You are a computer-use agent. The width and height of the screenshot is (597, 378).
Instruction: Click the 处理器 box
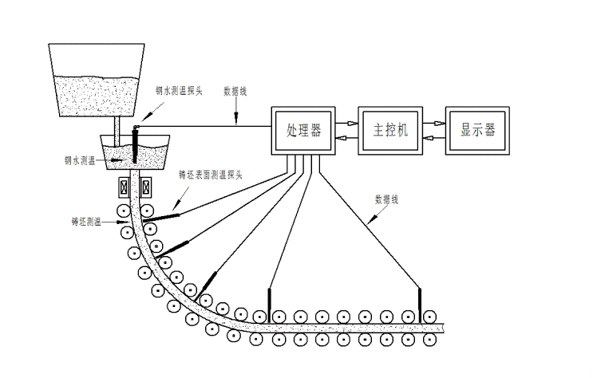click(x=304, y=131)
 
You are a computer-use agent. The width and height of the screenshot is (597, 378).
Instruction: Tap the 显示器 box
click(x=478, y=131)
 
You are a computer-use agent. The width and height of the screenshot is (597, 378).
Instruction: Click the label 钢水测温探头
click(x=179, y=91)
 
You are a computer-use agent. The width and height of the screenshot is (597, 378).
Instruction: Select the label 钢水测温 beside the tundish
click(x=81, y=160)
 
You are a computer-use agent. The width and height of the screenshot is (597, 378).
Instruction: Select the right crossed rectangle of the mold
click(x=147, y=188)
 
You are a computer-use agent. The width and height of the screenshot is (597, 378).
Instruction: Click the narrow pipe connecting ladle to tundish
click(x=118, y=126)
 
